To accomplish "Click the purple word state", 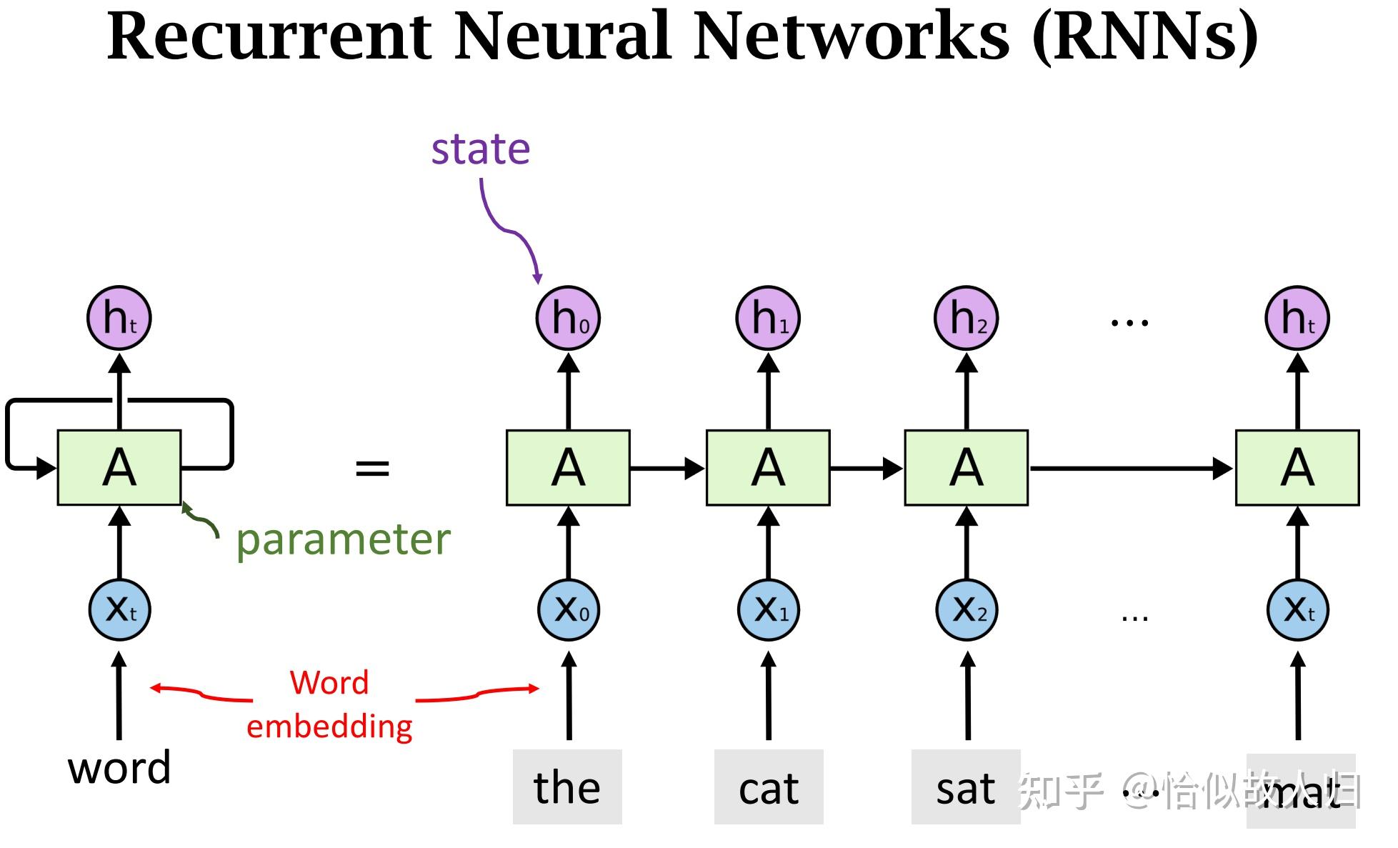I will [x=480, y=149].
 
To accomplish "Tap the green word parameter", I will [x=343, y=539].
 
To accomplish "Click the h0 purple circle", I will [x=568, y=318].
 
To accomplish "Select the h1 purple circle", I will [x=768, y=318].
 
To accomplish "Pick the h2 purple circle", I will [x=967, y=318].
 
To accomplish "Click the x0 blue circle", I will [x=568, y=610].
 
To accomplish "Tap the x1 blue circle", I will [x=768, y=610].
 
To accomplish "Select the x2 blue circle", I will [x=967, y=610].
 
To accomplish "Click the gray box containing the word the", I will [x=567, y=787].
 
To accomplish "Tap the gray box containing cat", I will [x=769, y=787].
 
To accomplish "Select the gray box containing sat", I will [x=965, y=787].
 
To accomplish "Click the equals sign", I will [x=372, y=469].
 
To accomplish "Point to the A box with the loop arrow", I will [x=119, y=468].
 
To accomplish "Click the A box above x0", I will [x=568, y=468].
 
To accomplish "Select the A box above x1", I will [x=768, y=468].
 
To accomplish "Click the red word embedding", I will [x=329, y=727].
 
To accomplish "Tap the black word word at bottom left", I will [x=119, y=768].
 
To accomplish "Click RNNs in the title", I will [x=1145, y=37].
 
